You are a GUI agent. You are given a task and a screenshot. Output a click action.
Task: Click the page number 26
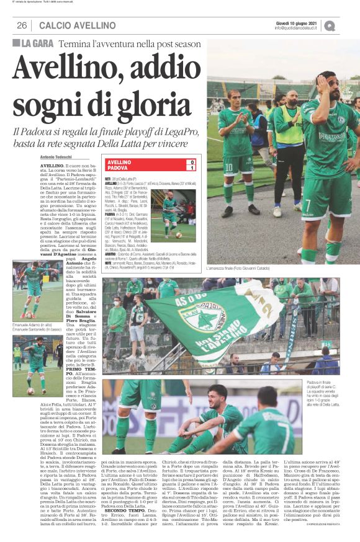click(x=21, y=25)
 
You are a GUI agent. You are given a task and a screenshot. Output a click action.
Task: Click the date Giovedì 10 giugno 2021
click(x=292, y=22)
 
